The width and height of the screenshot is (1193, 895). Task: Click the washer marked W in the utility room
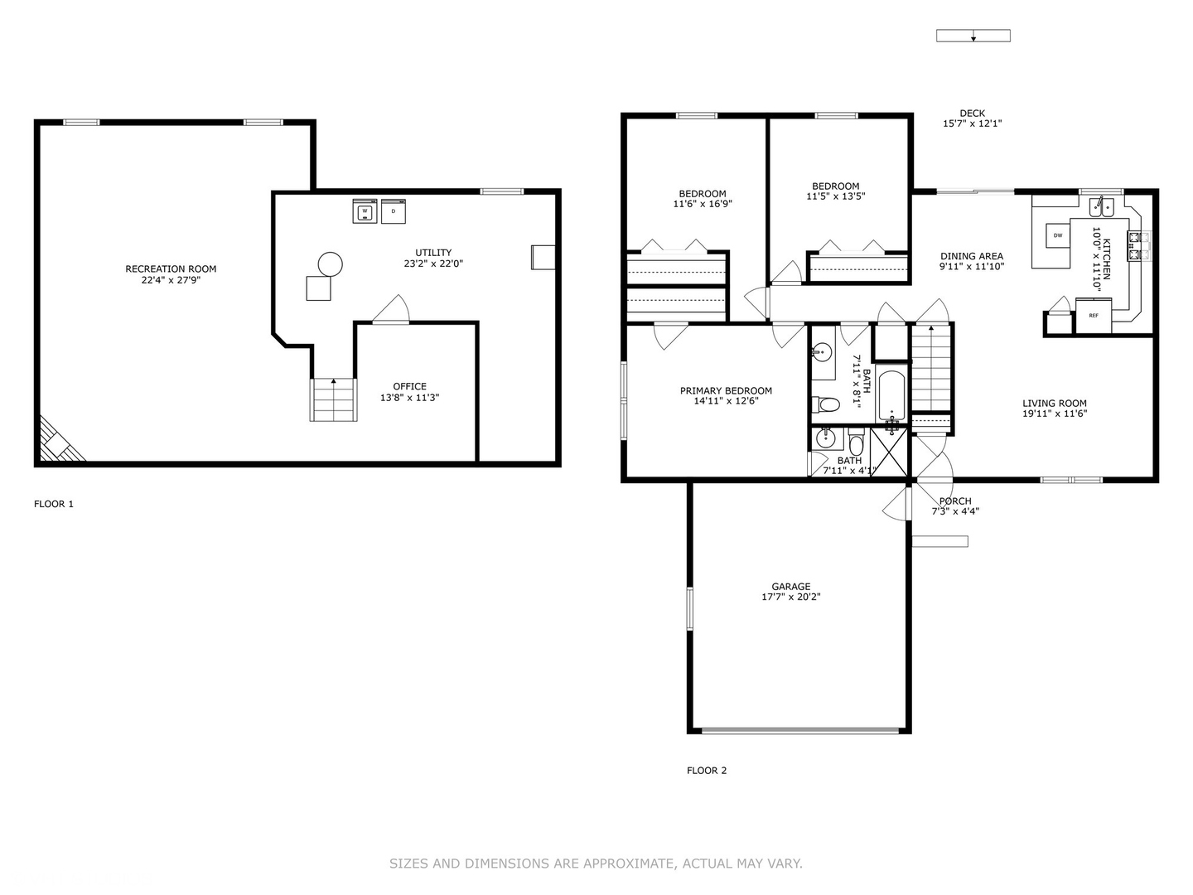pyautogui.click(x=365, y=211)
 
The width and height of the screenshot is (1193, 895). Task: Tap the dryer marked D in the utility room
pyautogui.click(x=394, y=211)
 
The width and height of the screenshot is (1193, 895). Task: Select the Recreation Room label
pyautogui.click(x=171, y=268)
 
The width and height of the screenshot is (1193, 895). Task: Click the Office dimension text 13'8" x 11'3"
pyautogui.click(x=409, y=398)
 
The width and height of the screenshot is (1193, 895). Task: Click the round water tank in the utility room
pyautogui.click(x=330, y=264)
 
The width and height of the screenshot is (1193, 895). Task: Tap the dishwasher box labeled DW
pyautogui.click(x=1058, y=235)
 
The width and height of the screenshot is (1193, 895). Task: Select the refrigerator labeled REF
pyautogui.click(x=1093, y=315)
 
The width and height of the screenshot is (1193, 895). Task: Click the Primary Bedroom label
pyautogui.click(x=726, y=390)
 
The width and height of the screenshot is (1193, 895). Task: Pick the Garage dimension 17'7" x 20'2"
pyautogui.click(x=790, y=597)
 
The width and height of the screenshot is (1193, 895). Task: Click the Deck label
pyautogui.click(x=972, y=114)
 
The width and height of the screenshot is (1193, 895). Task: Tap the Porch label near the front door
pyautogui.click(x=955, y=501)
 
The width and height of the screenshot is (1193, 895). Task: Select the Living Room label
pyautogui.click(x=1054, y=404)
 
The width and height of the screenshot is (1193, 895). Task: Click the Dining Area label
pyautogui.click(x=971, y=256)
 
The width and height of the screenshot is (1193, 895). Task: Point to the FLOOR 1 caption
pyautogui.click(x=54, y=504)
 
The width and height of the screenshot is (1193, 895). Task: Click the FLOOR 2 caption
pyautogui.click(x=707, y=771)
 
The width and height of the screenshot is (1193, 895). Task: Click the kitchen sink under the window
pyautogui.click(x=1101, y=206)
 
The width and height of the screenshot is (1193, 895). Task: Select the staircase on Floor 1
pyautogui.click(x=334, y=400)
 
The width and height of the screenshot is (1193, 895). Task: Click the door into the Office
pyautogui.click(x=390, y=312)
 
